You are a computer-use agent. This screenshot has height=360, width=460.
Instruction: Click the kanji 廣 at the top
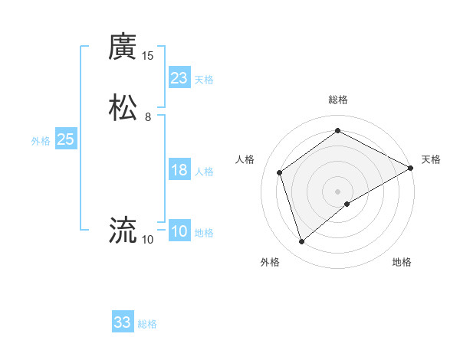(123, 47)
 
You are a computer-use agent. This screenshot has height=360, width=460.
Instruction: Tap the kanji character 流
(123, 229)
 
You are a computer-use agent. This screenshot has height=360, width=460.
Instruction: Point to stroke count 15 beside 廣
(147, 56)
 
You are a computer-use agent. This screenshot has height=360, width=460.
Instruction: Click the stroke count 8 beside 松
(147, 117)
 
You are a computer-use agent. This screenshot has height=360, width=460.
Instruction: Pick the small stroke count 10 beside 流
(147, 239)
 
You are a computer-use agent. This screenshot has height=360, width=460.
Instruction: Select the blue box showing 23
(179, 78)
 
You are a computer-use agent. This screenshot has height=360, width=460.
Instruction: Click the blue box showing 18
(179, 170)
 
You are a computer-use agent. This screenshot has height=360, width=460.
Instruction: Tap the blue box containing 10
(179, 231)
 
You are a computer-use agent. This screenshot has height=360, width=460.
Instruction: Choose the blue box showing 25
(66, 139)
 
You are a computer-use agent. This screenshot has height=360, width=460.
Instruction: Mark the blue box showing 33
(123, 322)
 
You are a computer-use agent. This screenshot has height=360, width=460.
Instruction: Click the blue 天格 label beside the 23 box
(204, 80)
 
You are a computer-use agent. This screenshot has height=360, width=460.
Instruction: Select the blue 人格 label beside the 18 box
(204, 172)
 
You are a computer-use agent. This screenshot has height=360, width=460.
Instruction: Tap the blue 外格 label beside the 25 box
(41, 141)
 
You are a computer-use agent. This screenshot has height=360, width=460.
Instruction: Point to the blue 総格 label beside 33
(147, 324)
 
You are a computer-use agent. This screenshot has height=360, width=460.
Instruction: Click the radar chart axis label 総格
(338, 100)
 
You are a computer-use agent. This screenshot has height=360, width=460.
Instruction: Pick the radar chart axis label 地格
(402, 263)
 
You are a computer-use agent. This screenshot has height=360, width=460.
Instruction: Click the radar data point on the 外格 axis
(301, 242)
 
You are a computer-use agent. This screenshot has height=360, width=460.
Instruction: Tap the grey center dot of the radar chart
(338, 191)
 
